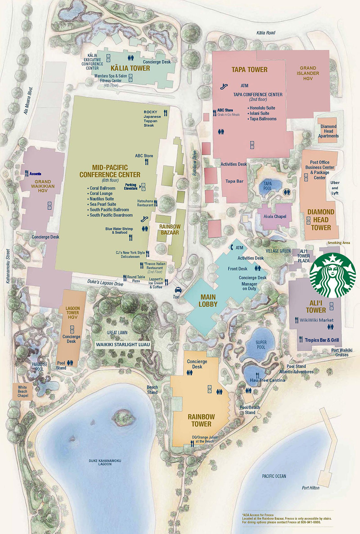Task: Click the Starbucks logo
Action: (x=332, y=275)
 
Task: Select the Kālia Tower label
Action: (x=130, y=68)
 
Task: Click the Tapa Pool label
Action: (x=267, y=186)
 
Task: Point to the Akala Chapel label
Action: (x=275, y=217)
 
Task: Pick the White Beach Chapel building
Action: (x=22, y=391)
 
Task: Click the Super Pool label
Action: (x=261, y=345)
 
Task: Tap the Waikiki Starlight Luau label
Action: (x=123, y=345)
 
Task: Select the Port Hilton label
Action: (x=310, y=488)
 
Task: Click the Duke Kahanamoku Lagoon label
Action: (x=105, y=462)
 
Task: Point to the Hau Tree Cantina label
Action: (x=267, y=380)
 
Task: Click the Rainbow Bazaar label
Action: (x=170, y=229)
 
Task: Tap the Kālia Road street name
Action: (x=265, y=33)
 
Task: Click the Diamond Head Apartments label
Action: (x=328, y=131)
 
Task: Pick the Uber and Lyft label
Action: (x=335, y=188)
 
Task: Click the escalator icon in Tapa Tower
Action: (x=223, y=86)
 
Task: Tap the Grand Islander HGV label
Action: (x=308, y=73)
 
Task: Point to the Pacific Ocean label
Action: (x=274, y=476)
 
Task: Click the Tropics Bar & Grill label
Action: (x=321, y=340)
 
